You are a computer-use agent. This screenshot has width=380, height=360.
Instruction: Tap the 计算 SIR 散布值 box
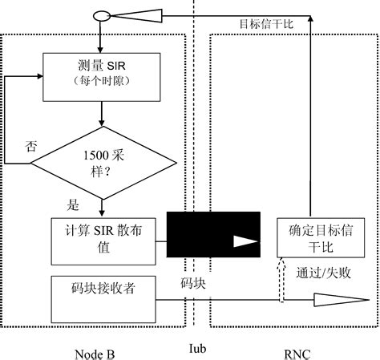coord(102,240)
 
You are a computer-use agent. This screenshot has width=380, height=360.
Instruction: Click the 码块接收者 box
coord(102,297)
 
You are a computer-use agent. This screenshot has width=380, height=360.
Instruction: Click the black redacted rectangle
coord(212,234)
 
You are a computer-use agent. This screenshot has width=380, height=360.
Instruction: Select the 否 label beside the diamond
coord(31,146)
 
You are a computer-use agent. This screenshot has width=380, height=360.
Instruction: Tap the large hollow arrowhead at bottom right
coord(336,301)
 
